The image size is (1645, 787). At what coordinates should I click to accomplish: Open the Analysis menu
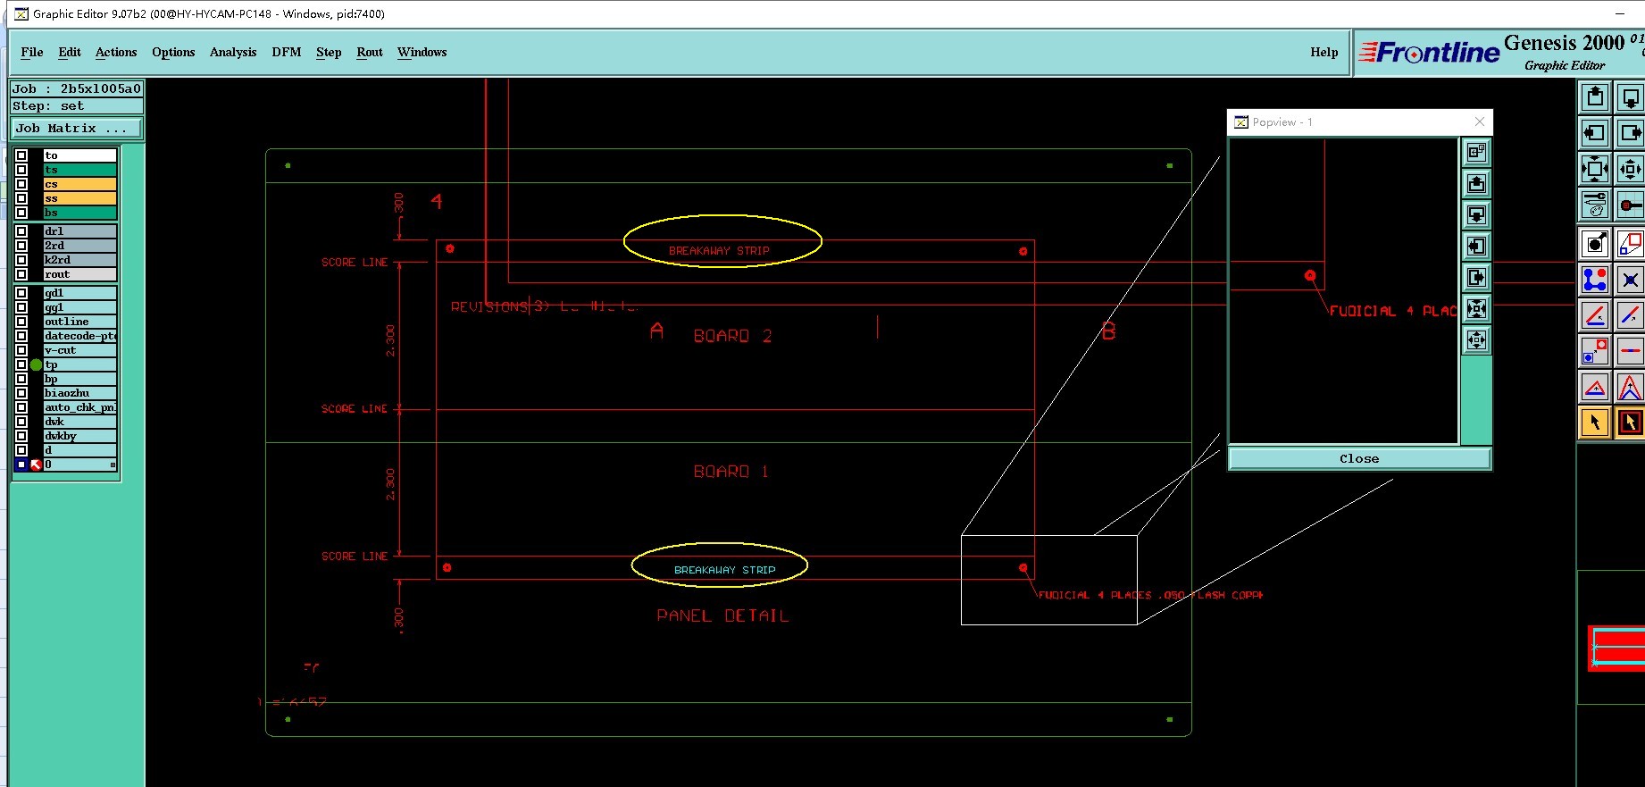232,52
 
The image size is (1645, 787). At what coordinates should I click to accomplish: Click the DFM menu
286,52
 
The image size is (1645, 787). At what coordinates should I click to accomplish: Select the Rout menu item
369,52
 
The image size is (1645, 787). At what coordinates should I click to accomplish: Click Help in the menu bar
1324,52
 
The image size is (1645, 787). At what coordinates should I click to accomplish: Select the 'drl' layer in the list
79,231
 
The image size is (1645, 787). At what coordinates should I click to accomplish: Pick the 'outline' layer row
79,322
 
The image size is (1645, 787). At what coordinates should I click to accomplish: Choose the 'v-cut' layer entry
79,350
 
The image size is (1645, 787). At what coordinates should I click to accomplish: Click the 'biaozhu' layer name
79,393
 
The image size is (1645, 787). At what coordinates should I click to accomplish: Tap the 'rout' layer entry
79,274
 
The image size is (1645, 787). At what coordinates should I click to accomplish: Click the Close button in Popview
1358,458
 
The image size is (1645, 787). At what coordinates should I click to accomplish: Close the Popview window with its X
1480,121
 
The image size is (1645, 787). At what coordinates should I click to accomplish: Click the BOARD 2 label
732,336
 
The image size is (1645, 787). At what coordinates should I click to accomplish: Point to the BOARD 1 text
731,472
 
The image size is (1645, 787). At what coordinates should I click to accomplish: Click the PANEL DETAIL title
722,615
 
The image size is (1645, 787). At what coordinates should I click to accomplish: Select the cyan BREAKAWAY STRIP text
724,570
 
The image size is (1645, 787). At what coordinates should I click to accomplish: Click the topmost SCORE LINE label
355,263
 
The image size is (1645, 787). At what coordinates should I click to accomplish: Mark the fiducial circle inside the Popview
1310,276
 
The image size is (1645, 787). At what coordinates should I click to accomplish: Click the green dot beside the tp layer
37,364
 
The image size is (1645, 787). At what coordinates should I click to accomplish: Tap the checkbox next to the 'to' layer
21,155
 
